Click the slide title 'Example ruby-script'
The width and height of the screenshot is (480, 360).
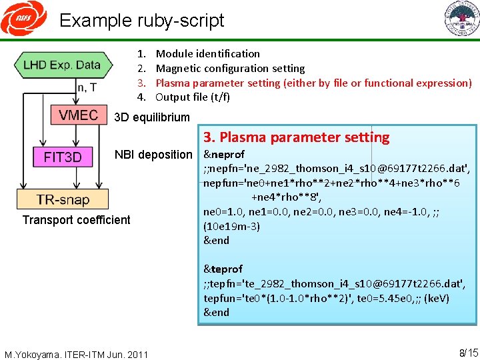click(x=141, y=20)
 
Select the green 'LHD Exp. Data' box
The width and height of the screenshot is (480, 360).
click(x=61, y=65)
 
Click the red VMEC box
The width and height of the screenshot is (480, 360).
click(x=77, y=115)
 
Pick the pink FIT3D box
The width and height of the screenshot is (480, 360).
click(x=63, y=157)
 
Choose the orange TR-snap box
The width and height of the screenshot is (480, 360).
click(x=63, y=199)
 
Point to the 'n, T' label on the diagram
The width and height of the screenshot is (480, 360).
click(x=88, y=87)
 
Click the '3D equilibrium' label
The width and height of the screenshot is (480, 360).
click(x=152, y=118)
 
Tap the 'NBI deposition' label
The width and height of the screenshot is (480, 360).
click(x=153, y=155)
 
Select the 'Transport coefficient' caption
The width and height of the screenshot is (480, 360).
click(x=76, y=220)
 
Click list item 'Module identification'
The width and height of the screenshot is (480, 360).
click(x=207, y=53)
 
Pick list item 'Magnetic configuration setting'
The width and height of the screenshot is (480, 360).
click(x=230, y=68)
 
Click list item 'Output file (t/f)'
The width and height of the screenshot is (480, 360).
click(x=193, y=97)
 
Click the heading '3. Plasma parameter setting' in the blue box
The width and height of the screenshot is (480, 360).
click(x=296, y=137)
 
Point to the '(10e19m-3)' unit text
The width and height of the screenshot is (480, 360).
click(x=231, y=226)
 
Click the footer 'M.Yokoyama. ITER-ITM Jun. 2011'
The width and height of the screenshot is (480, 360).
click(x=76, y=354)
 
